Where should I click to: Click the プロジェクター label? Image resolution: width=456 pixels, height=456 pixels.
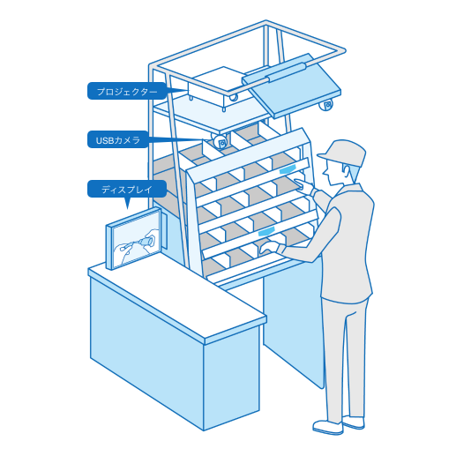click(127, 92)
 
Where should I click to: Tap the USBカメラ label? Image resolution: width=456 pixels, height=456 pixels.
click(117, 140)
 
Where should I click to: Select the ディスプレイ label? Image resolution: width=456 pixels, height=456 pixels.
click(127, 189)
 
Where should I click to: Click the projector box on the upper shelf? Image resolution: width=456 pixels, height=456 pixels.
click(218, 87)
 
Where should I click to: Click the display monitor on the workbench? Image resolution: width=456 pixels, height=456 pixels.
click(134, 238)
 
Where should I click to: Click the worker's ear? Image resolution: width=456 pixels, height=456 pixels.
click(347, 169)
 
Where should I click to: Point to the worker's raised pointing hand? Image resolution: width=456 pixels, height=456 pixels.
click(304, 184)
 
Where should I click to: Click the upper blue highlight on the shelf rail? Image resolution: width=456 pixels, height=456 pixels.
click(288, 169)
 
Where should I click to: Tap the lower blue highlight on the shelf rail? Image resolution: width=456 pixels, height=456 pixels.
click(266, 231)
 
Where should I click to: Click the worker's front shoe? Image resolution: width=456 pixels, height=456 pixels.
click(327, 427)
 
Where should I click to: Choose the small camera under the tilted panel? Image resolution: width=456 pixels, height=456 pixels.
click(326, 105)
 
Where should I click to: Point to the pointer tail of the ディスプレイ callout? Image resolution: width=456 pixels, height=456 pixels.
click(127, 203)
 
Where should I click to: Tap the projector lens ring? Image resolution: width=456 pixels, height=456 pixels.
click(233, 97)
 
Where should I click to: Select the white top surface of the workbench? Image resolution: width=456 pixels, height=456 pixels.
click(177, 297)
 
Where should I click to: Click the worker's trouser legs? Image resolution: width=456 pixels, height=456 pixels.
click(345, 359)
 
